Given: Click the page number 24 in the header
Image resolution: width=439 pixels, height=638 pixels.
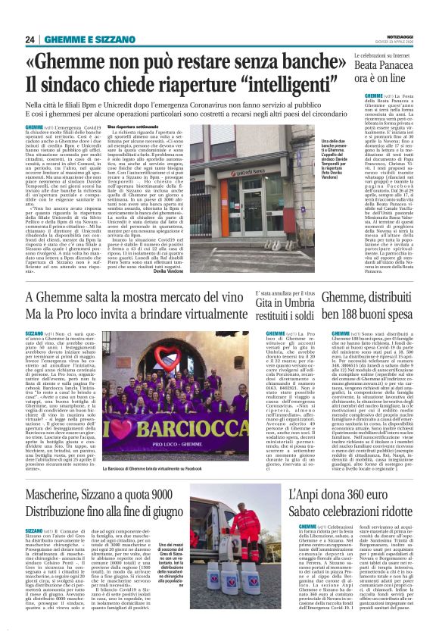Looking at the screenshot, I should pos(30,39).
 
